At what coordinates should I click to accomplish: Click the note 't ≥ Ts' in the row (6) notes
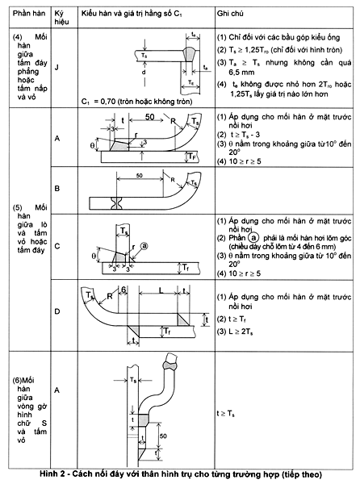[x=230, y=412]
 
